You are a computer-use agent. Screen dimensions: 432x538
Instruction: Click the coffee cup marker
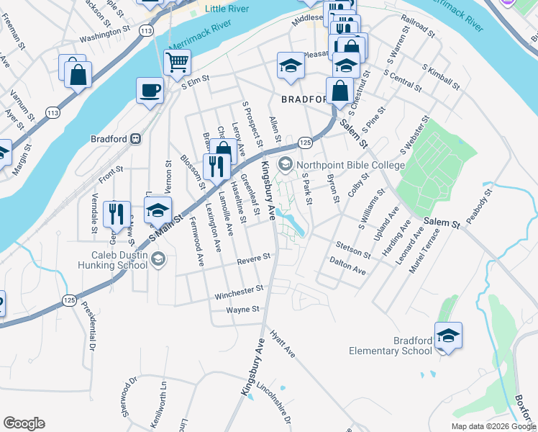point(150,91)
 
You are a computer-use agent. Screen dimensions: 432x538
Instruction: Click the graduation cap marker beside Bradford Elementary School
point(448,336)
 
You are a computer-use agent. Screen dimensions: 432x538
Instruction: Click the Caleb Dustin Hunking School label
point(109,260)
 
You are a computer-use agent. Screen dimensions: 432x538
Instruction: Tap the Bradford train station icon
point(135,139)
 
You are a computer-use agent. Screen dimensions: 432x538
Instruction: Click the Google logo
point(24,423)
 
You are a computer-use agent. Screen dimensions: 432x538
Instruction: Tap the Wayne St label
point(242,310)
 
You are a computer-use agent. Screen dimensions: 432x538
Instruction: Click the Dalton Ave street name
point(347,266)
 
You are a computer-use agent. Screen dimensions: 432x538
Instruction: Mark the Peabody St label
point(478,207)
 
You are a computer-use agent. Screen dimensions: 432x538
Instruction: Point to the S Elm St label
point(195,84)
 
